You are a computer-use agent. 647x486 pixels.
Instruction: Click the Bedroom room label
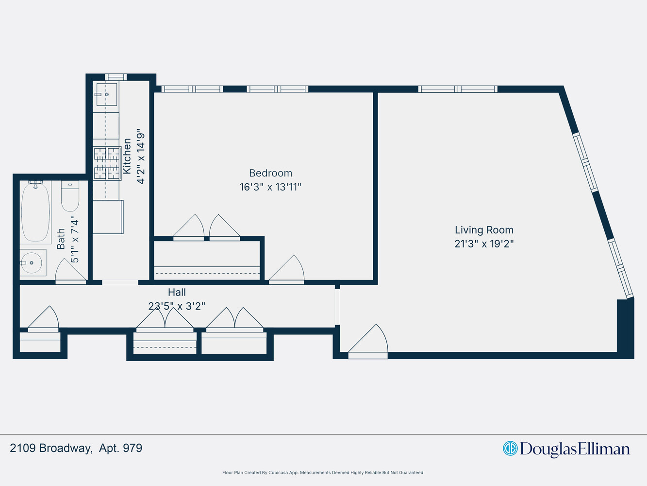pyautogui.click(x=270, y=173)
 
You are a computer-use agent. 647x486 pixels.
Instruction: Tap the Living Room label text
pyautogui.click(x=484, y=230)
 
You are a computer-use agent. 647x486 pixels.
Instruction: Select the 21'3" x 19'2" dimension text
pyautogui.click(x=484, y=244)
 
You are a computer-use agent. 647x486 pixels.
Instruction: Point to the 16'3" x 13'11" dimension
pyautogui.click(x=270, y=187)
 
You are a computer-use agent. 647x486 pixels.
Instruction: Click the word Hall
pyautogui.click(x=177, y=292)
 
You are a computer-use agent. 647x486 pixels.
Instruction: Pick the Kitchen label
pyautogui.click(x=127, y=156)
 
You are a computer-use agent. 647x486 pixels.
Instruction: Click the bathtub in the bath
pyautogui.click(x=35, y=212)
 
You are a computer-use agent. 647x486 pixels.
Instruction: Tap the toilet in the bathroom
pyautogui.click(x=70, y=195)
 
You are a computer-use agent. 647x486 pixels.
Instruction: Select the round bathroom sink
pyautogui.click(x=32, y=262)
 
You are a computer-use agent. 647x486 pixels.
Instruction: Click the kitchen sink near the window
pyautogui.click(x=106, y=94)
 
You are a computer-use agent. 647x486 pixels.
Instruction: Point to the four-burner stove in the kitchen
pyautogui.click(x=107, y=163)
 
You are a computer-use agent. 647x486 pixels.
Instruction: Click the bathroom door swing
pyautogui.click(x=70, y=271)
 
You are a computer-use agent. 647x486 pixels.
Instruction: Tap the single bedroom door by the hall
pyautogui.click(x=287, y=270)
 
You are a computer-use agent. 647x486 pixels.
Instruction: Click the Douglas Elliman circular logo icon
pyautogui.click(x=510, y=448)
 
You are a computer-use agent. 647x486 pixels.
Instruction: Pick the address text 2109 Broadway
pyautogui.click(x=50, y=448)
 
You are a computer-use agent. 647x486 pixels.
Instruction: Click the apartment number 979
pyautogui.click(x=133, y=448)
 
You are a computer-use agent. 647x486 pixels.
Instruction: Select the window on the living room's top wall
pyautogui.click(x=458, y=89)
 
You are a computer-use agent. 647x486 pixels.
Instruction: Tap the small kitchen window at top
pyautogui.click(x=116, y=77)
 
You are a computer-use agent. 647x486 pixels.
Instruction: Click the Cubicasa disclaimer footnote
pyautogui.click(x=323, y=472)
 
